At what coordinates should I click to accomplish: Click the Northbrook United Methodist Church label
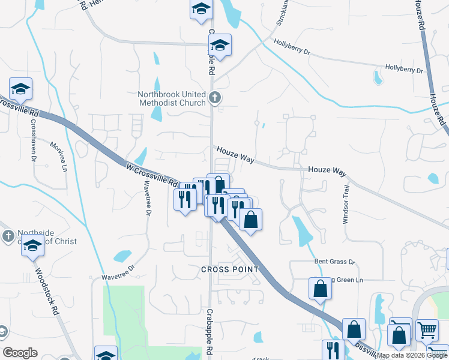point(171,98)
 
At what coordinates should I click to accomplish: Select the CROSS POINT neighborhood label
point(230,269)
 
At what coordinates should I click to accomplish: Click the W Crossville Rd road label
point(152,174)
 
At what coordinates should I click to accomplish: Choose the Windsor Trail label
point(346,204)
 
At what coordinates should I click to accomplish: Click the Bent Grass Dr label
point(335,262)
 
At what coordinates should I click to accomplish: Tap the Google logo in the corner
point(20,353)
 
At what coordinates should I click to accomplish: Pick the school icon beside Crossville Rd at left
point(21,89)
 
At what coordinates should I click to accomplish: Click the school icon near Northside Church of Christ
point(33,246)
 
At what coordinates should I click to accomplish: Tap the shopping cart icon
point(426,329)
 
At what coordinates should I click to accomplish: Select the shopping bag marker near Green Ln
point(321,289)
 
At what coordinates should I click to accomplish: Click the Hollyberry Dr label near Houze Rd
point(404,70)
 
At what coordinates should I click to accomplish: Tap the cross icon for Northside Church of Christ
point(7,235)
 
